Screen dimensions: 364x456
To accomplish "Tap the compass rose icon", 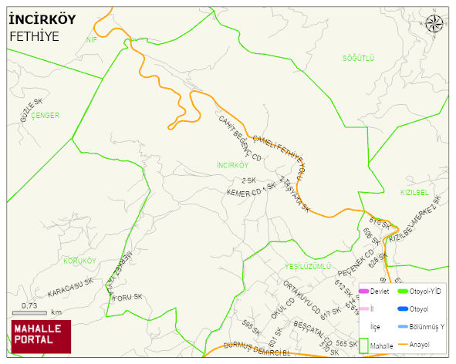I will point(435,24).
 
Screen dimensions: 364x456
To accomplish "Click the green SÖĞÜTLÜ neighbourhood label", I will point(358,59).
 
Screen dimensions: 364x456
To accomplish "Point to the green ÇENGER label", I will point(46,115).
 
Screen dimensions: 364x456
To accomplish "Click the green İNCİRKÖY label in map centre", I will point(232,165).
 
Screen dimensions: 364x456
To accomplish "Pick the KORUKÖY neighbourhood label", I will point(79,261).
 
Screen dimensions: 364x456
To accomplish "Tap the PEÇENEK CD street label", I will point(355,263).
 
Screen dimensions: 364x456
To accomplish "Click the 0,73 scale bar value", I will point(29,306).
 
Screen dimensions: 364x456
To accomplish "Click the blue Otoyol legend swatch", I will point(402,309).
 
